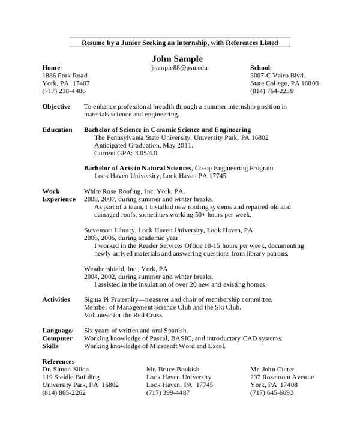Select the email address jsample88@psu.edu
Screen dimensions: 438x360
tap(179, 68)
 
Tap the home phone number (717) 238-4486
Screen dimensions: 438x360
tap(64, 91)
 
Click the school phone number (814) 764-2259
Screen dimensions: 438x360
tap(272, 91)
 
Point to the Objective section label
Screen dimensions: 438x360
tap(57, 107)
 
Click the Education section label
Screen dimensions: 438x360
tap(58, 130)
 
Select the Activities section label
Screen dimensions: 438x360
tap(56, 299)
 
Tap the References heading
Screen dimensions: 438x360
tap(58, 362)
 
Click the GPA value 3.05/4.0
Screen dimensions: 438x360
tap(142, 153)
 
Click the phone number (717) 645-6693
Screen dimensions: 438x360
tap(272, 393)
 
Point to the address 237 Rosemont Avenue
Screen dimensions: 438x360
tap(281, 377)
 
